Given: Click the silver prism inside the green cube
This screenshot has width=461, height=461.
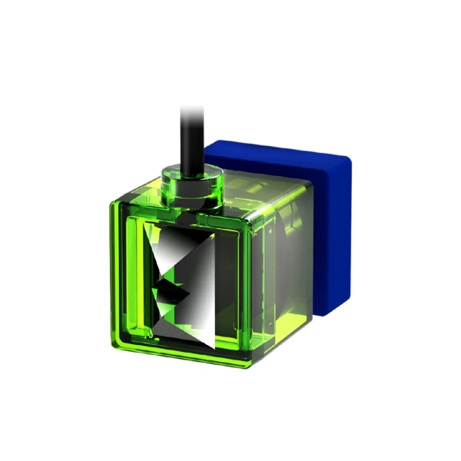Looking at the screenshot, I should pyautogui.click(x=188, y=284).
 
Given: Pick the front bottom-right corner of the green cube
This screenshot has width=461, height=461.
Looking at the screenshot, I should pyautogui.click(x=247, y=364).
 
